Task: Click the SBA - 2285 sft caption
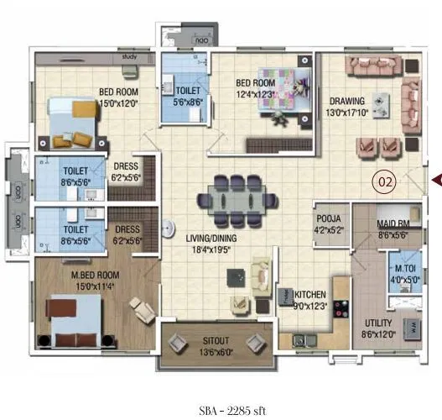226,389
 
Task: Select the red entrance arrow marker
435,179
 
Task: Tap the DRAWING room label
346,101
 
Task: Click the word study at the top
129,57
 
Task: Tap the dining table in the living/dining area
237,201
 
